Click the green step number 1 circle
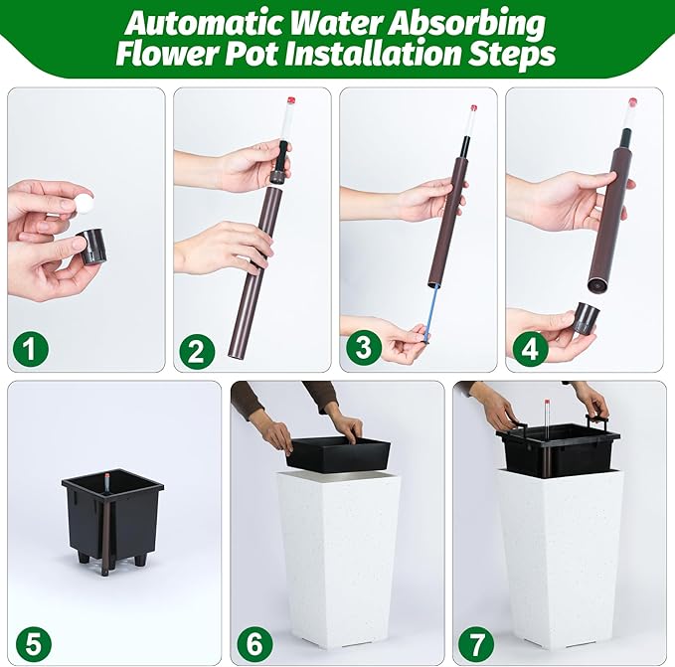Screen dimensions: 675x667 (x=30, y=348)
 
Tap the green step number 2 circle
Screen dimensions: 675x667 (x=197, y=352)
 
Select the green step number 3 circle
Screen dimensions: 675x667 (x=363, y=347)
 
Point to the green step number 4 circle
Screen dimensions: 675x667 (x=529, y=349)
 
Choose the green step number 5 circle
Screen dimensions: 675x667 (x=34, y=644)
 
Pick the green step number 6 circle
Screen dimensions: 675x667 (x=254, y=644)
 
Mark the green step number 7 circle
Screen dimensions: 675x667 (x=476, y=644)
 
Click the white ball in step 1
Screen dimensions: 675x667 (x=83, y=202)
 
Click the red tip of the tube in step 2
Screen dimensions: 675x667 (x=291, y=101)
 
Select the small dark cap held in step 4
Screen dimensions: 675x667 (x=586, y=318)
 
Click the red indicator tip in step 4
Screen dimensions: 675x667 (x=632, y=102)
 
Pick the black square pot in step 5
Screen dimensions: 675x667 (x=112, y=516)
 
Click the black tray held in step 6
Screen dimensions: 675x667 (x=338, y=453)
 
